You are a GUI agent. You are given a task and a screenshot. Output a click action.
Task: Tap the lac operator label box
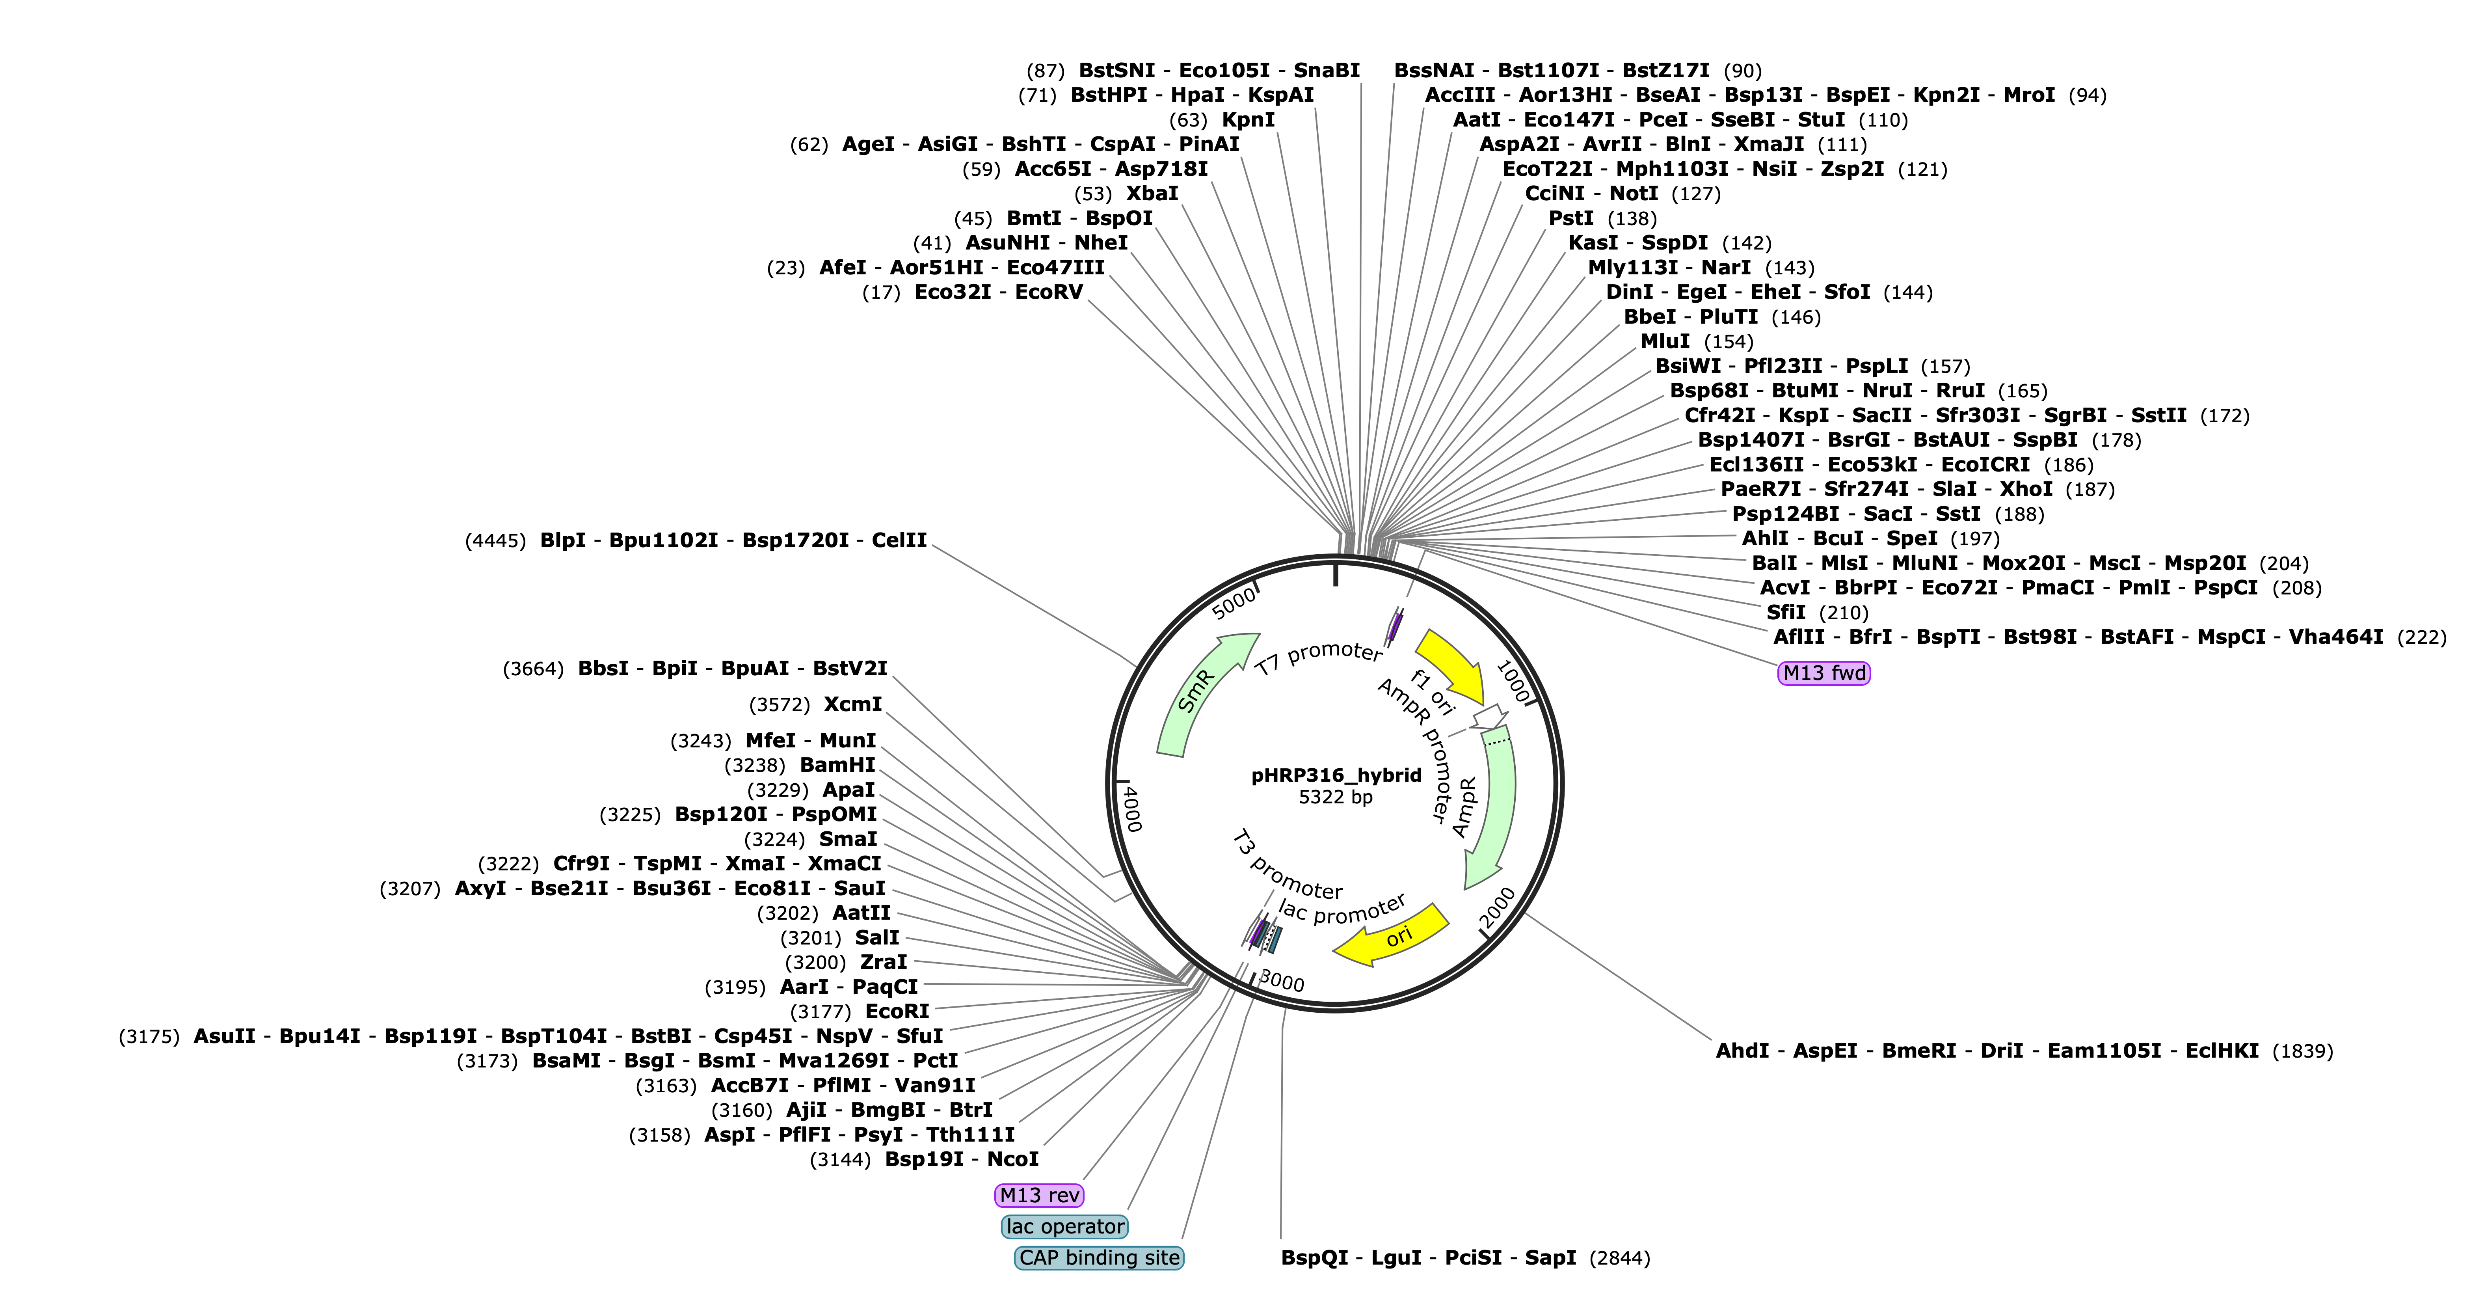coord(1065,1226)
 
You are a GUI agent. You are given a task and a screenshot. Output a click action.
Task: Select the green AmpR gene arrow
coord(1492,806)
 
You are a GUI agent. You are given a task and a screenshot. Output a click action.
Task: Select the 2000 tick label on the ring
coord(1497,908)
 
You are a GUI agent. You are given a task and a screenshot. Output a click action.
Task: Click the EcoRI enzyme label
coord(897,1012)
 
